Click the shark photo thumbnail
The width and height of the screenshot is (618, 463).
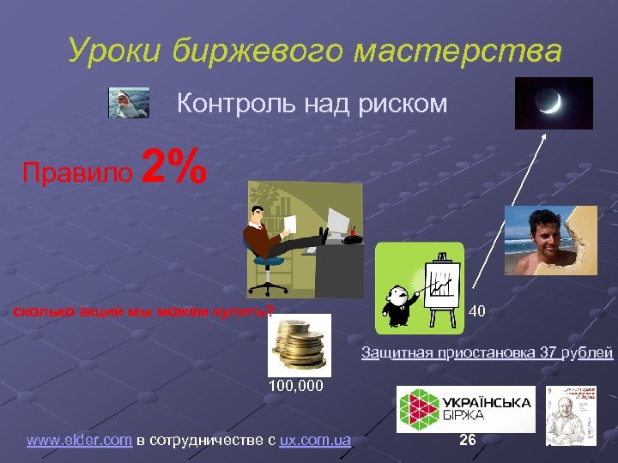pos(130,103)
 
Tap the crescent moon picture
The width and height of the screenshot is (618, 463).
pos(554,103)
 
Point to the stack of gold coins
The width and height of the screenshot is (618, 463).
pos(299,344)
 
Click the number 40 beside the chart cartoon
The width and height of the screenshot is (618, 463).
pos(477,310)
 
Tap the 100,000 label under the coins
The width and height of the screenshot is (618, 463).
pos(296,387)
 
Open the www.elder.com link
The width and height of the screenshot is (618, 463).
pos(79,441)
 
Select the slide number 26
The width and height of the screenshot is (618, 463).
pos(468,440)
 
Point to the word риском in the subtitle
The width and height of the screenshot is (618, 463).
pos(404,104)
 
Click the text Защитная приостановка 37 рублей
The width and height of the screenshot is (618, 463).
pos(487,352)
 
